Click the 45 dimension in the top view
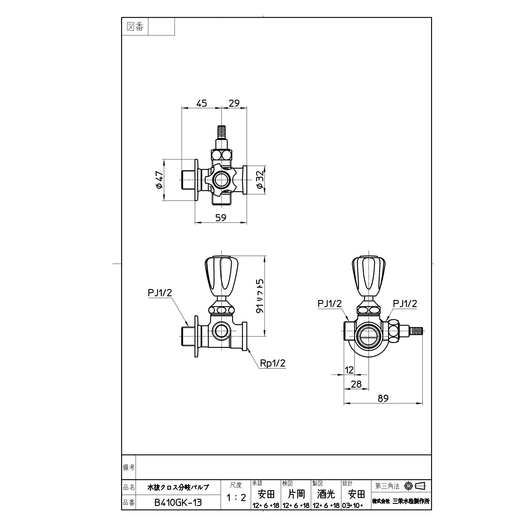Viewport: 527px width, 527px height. (x=202, y=103)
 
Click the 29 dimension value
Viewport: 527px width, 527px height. (x=234, y=103)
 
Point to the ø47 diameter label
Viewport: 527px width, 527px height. (x=159, y=180)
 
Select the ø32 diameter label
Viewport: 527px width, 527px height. (x=260, y=180)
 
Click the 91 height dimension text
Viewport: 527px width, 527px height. (x=260, y=296)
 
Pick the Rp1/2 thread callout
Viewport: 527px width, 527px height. (x=273, y=363)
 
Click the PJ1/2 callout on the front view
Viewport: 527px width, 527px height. (x=160, y=293)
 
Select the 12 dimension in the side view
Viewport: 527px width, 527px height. (x=349, y=370)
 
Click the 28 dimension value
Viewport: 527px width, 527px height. (x=356, y=384)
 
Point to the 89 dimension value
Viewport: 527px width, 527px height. (x=383, y=398)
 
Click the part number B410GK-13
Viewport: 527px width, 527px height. (x=178, y=502)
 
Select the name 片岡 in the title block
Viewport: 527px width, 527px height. (x=296, y=494)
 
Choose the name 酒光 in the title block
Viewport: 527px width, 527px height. (x=326, y=494)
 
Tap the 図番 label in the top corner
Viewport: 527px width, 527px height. (x=135, y=27)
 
